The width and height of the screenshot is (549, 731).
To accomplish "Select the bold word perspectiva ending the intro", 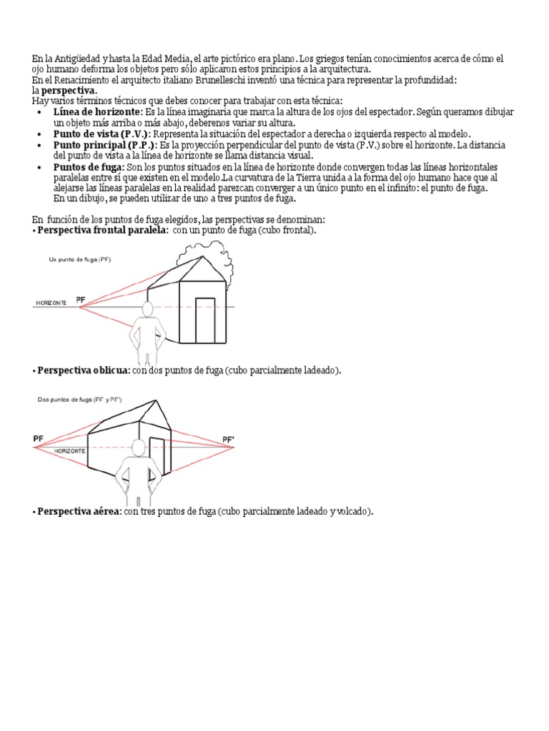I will (x=69, y=91).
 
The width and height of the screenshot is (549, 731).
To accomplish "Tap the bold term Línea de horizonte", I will (x=97, y=112).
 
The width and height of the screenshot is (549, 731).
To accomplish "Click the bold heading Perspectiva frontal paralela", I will (x=103, y=231).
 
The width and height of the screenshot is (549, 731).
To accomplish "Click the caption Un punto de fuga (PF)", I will (x=79, y=260).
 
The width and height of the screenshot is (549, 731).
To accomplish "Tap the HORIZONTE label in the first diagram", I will (x=51, y=303).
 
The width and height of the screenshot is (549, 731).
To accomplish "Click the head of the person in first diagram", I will (x=149, y=310).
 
